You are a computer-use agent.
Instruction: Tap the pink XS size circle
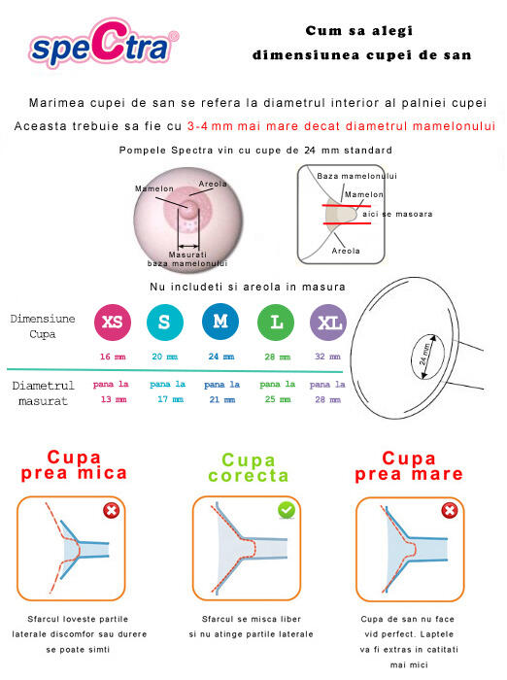112,323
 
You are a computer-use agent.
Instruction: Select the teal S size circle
163,323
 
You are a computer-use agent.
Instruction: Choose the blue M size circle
220,323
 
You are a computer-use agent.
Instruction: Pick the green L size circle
276,323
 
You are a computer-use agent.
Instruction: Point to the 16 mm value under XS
113,357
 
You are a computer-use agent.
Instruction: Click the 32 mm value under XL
328,357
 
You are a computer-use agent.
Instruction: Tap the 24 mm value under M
220,357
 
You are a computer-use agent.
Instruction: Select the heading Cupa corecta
255,468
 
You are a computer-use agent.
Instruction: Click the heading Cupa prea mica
75,465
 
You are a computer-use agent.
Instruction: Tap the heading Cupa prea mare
408,465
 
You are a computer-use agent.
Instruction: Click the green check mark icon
287,510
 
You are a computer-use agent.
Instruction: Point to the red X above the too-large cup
450,511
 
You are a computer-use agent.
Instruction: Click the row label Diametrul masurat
43,392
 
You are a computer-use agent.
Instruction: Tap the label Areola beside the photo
213,184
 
